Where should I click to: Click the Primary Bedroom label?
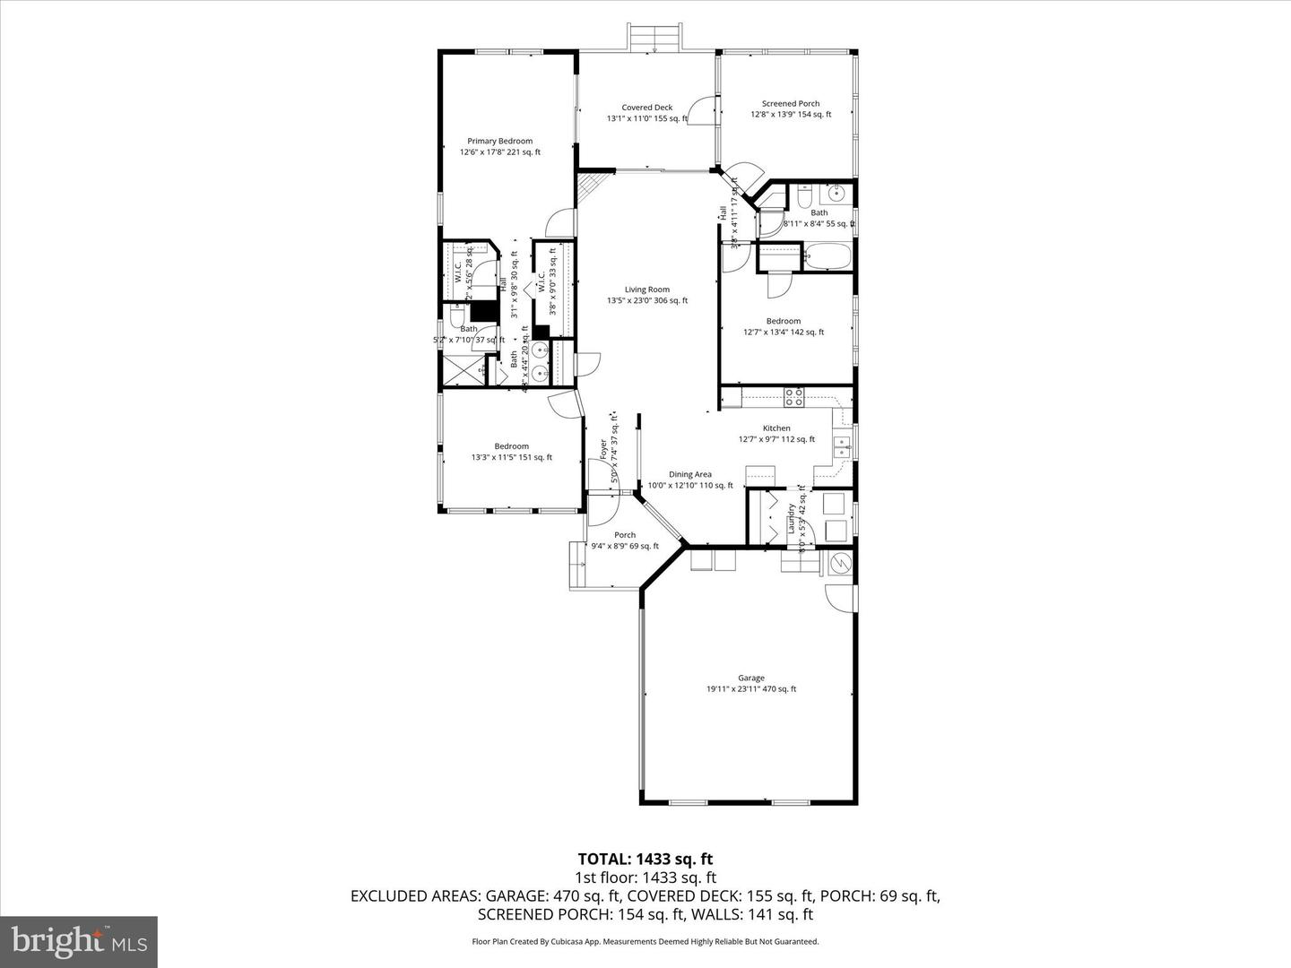499,141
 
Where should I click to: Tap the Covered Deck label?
646,108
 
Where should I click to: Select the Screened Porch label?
790,104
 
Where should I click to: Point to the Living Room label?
646,290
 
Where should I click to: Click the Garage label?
750,678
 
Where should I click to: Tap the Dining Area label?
689,475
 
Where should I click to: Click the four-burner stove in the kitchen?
793,394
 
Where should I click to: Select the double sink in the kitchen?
843,446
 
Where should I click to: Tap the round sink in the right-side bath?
838,194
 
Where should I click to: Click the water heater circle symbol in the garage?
842,564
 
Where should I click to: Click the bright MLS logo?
79,941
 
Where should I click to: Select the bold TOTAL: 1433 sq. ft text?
645,860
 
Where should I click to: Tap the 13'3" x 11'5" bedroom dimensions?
511,457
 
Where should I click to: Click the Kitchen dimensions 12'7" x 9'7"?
776,439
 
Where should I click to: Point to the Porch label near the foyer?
624,535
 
